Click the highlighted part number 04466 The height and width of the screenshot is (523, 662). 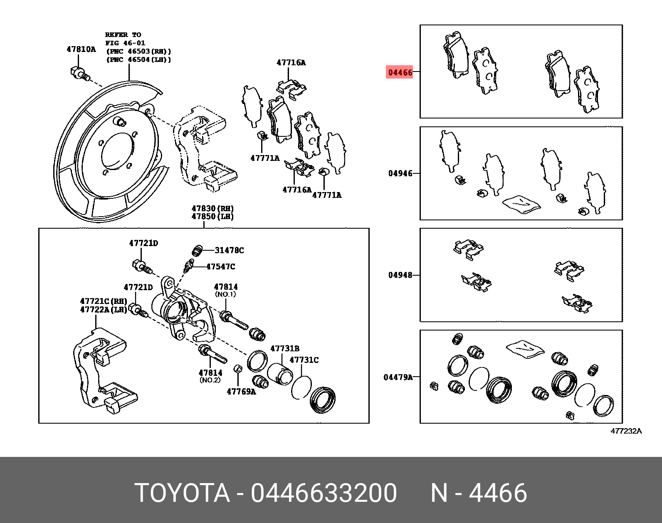[400, 72]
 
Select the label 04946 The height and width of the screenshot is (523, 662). [400, 173]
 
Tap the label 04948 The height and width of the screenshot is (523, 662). [400, 275]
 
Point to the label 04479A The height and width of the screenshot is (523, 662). [398, 377]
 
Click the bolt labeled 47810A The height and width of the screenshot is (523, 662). [79, 74]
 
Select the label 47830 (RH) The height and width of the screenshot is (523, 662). [212, 208]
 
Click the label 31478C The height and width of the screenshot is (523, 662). [229, 250]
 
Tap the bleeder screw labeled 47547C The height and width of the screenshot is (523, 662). [189, 266]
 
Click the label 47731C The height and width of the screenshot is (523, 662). [304, 360]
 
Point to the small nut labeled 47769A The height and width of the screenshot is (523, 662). [237, 369]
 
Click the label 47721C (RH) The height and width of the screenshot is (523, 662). [103, 301]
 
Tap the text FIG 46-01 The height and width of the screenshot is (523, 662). [125, 43]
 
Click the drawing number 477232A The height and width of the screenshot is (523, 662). [626, 431]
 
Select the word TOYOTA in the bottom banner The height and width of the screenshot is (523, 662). [182, 493]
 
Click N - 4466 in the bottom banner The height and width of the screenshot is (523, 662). [478, 493]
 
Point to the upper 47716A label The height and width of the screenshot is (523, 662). [291, 63]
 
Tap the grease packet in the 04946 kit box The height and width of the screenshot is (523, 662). [521, 204]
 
